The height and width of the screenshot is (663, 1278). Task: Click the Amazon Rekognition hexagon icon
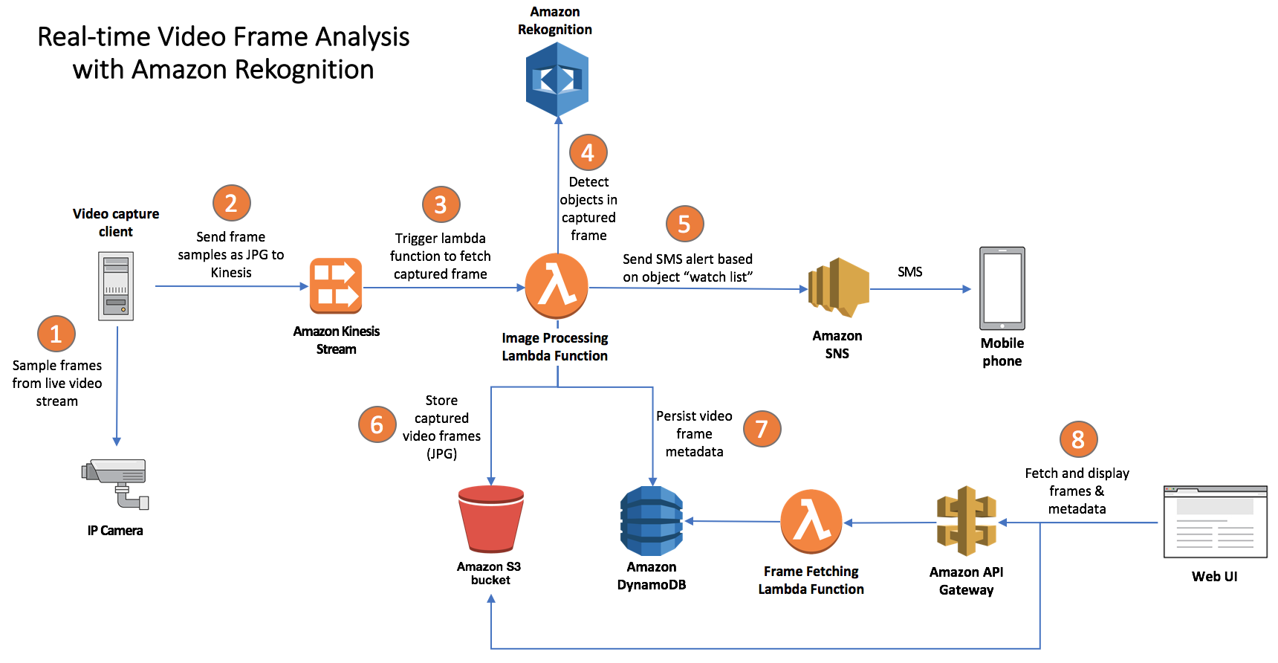coord(557,80)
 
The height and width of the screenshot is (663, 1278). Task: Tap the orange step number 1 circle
coord(56,334)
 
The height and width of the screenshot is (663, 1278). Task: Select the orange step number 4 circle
coord(588,152)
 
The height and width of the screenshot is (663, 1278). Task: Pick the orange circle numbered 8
coord(1078,439)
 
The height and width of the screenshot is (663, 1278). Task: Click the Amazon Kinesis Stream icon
coord(336,286)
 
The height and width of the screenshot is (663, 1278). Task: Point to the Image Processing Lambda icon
coord(557,286)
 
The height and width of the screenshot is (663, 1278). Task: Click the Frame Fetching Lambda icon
coord(811,522)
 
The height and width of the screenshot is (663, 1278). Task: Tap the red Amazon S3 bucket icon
coord(491,519)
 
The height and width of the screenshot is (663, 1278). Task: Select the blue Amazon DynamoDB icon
coord(652,521)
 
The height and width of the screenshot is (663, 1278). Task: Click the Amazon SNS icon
coord(838,288)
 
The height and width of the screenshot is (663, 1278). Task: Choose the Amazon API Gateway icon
coord(966,521)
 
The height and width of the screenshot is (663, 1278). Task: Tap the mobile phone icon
coord(1002,288)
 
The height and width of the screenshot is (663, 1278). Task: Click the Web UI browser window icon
coord(1216,522)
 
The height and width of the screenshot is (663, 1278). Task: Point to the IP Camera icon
coord(116,484)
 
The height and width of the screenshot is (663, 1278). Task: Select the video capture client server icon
coord(116,286)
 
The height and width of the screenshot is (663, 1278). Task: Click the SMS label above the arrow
coord(910,272)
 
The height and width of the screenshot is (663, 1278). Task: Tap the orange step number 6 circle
coord(377,424)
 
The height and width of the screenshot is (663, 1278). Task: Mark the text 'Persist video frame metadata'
coord(694,434)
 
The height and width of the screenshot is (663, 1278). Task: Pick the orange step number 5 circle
coord(685,224)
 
